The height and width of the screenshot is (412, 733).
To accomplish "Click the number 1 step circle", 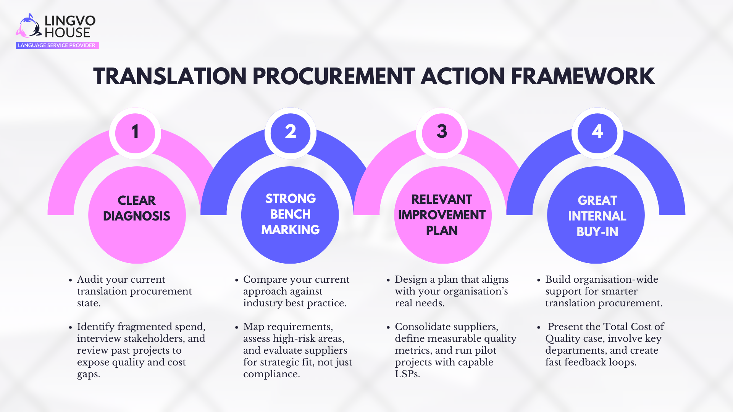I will [x=135, y=132].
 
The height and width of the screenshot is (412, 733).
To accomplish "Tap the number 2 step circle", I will [x=291, y=132].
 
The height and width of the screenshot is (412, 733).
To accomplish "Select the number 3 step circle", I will [x=442, y=132].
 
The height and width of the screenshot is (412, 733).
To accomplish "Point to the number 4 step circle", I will [x=597, y=132].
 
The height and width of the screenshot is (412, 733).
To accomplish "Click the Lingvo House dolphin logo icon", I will [x=29, y=26].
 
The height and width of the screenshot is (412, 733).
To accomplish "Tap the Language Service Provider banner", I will [x=57, y=45].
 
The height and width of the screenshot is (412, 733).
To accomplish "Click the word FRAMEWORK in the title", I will [x=583, y=77].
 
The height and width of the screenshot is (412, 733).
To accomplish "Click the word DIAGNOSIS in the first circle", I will [x=137, y=216].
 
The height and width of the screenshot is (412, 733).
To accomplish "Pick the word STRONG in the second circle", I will [x=291, y=199].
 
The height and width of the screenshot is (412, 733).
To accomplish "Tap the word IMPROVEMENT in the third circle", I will [x=442, y=215].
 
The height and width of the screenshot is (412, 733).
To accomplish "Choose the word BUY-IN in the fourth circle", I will [x=597, y=232].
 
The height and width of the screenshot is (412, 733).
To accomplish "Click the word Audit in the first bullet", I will [x=90, y=280].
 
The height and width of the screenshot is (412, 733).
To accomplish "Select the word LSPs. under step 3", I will [x=407, y=374].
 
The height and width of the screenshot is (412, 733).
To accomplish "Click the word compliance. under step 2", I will [x=271, y=374].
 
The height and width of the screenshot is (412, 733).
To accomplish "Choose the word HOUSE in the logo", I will [x=68, y=33].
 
